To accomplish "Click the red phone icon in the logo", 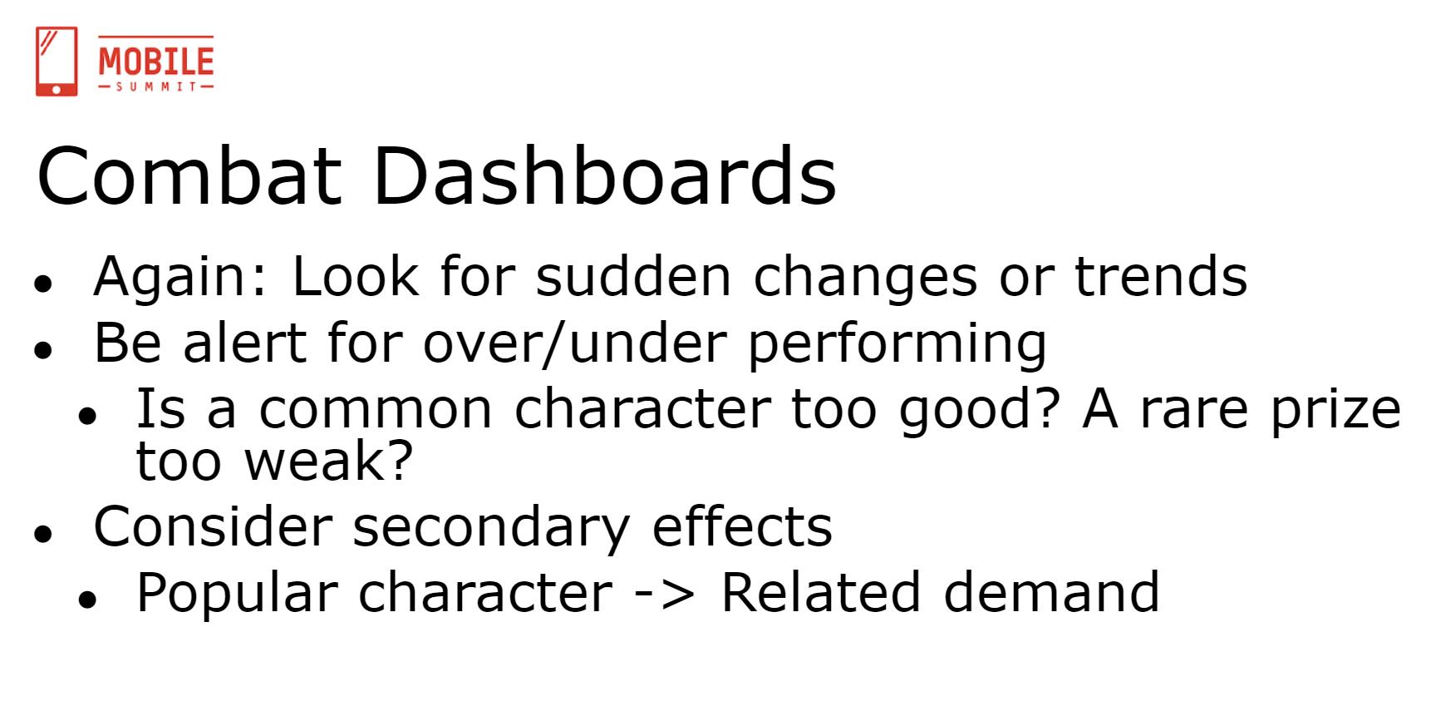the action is coord(57,62).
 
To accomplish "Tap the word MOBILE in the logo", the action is coord(156,62).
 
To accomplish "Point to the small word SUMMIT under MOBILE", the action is coord(156,86).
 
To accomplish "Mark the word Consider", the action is coord(213,526).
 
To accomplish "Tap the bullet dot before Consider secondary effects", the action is coord(43,533).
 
